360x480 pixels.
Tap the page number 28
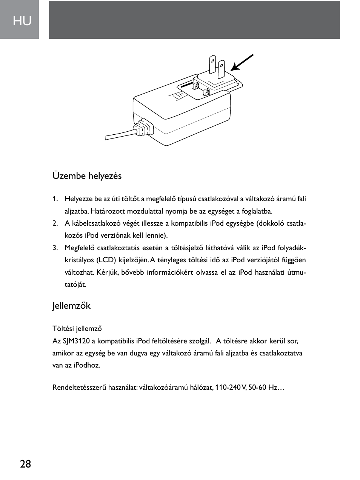pyautogui.click(x=26, y=464)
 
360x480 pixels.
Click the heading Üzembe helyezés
pyautogui.click(x=87, y=176)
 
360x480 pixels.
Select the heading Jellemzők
pyautogui.click(x=71, y=306)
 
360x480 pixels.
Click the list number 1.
pyautogui.click(x=55, y=199)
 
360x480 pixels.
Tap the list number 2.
pyautogui.click(x=55, y=223)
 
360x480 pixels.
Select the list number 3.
pyautogui.click(x=55, y=248)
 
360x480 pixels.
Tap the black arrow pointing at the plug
pyautogui.click(x=242, y=63)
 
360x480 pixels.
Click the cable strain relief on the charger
pyautogui.click(x=143, y=128)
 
